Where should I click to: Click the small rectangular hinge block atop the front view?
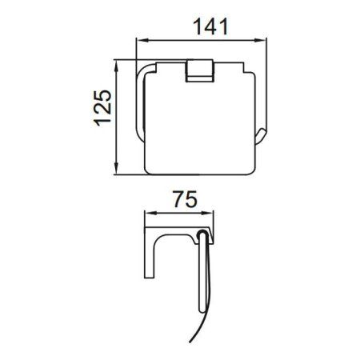tap(196, 70)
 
